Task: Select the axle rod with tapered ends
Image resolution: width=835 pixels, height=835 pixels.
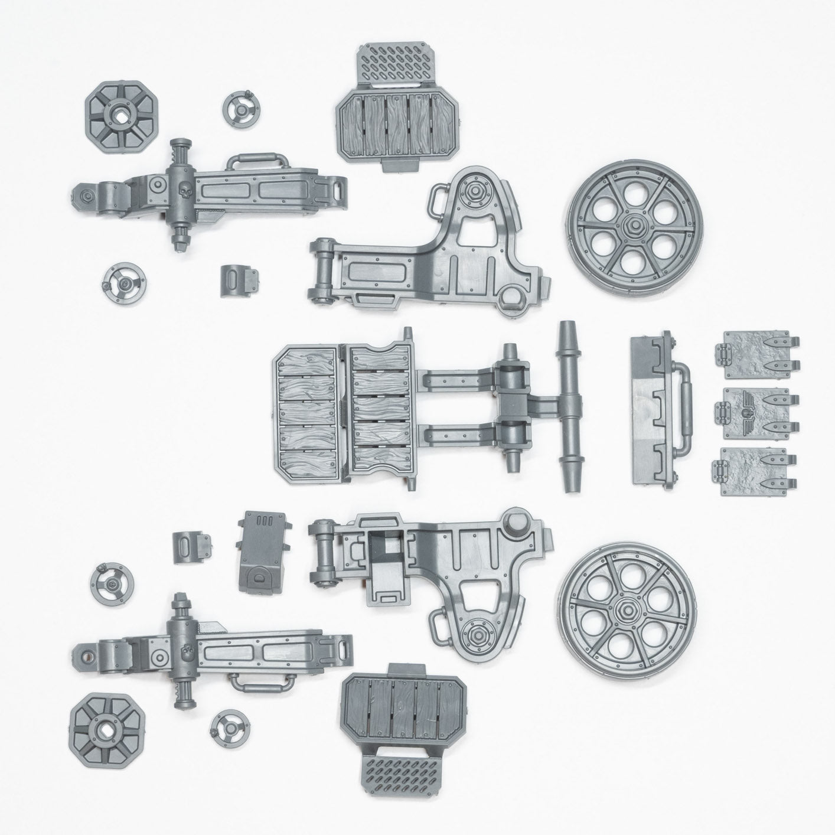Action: (x=568, y=407)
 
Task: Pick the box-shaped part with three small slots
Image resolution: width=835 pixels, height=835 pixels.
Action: (x=263, y=549)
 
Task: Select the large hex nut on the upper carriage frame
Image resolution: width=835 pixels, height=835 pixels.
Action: (x=475, y=193)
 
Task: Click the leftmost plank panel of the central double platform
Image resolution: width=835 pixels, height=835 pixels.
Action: (x=306, y=408)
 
